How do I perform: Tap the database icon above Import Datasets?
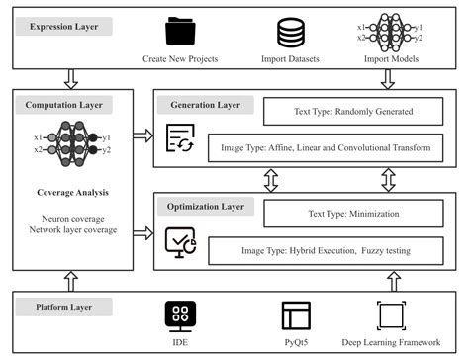290,33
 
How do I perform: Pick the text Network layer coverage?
71,229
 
